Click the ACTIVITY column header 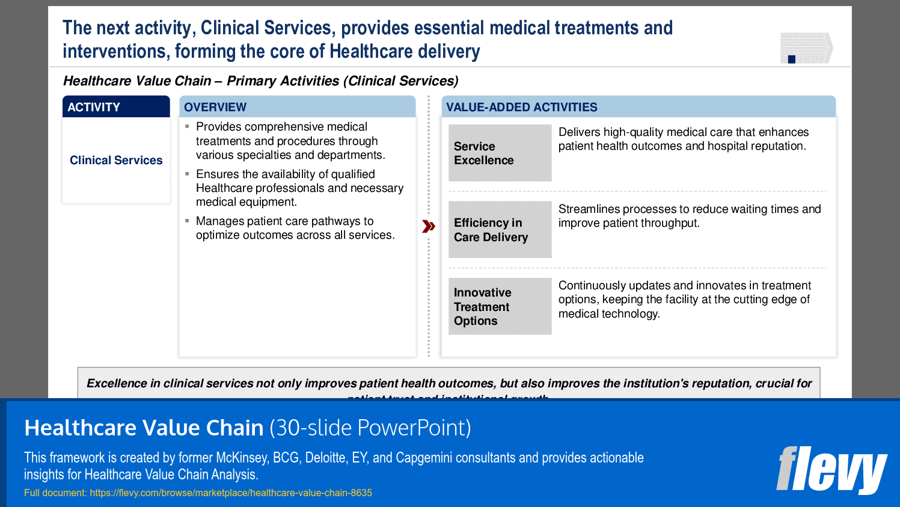coord(116,107)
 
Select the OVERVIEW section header coord(297,107)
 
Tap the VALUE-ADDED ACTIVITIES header coord(638,107)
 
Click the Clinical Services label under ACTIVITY coord(116,160)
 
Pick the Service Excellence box coord(500,153)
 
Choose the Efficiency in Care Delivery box coord(500,230)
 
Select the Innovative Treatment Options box coord(500,306)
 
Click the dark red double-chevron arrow coord(428,226)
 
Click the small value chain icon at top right coord(806,48)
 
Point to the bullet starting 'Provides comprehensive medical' coord(290,141)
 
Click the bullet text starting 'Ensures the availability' coord(299,188)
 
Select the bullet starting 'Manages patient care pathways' coord(295,228)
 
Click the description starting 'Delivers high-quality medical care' coord(683,139)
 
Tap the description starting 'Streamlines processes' coord(689,216)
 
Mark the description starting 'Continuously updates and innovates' coord(684,299)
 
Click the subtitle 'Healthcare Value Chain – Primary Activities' coord(260,81)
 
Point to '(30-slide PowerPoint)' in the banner coord(370,428)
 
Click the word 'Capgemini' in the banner coord(424,458)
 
